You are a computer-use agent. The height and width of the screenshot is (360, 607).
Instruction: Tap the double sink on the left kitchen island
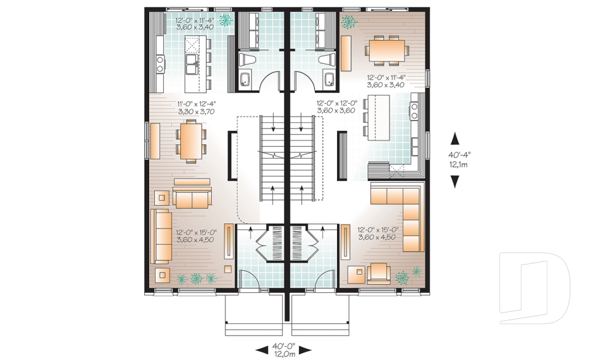pos(190,61)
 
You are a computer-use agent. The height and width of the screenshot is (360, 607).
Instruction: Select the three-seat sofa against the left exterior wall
pos(161,237)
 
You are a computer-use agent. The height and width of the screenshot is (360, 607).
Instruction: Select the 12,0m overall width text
pos(283,354)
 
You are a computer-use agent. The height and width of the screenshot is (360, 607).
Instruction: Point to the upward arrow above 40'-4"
pos(454,137)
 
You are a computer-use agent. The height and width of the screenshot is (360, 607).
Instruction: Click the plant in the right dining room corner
pos(348,22)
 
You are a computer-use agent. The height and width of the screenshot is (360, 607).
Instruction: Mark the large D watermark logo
pos(535,283)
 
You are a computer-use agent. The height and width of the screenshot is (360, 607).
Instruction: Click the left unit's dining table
pos(190,140)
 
